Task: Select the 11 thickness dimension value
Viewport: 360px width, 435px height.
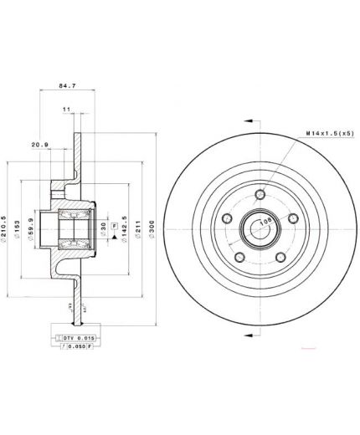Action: click(x=67, y=110)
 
